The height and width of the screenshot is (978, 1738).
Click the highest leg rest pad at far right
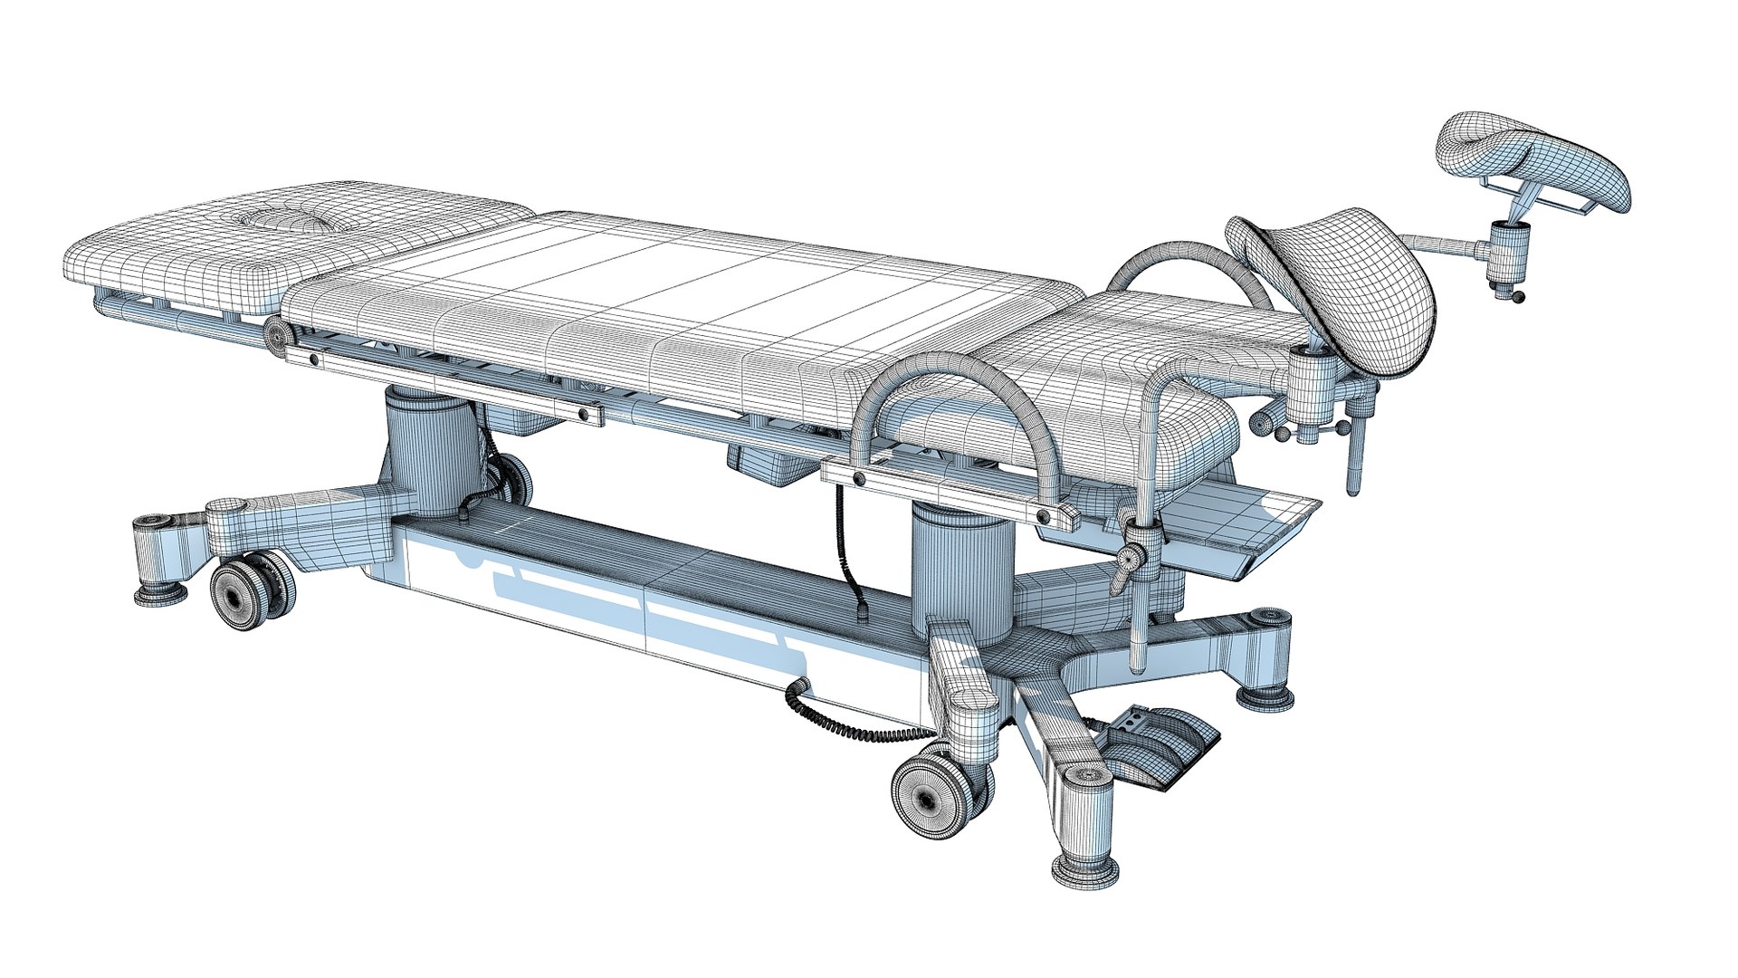tap(1539, 163)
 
